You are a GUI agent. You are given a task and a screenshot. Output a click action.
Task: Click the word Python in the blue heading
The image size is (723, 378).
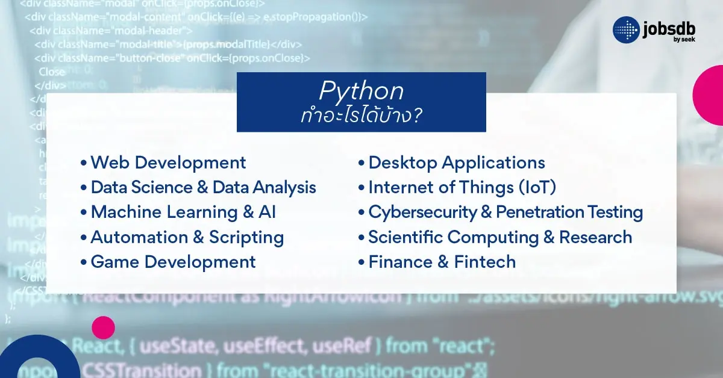tap(361, 91)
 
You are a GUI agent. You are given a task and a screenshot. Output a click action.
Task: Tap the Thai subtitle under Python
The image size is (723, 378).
tap(361, 115)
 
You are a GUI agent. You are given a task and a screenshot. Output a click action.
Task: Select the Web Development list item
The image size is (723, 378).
tap(168, 163)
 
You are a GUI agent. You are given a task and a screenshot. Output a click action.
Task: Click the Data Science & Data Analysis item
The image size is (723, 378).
tap(203, 187)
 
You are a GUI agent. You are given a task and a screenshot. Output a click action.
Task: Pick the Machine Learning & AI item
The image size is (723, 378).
tap(183, 212)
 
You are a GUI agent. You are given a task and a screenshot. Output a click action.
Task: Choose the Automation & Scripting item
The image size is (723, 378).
tap(187, 237)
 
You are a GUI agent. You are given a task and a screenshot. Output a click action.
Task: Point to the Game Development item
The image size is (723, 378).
tap(173, 262)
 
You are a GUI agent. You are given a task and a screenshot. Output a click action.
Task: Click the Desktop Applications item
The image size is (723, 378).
tap(456, 163)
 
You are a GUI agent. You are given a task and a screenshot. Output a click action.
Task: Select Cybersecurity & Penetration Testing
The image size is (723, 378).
tap(505, 212)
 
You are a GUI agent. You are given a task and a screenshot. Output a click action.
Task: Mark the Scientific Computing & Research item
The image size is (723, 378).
tap(499, 237)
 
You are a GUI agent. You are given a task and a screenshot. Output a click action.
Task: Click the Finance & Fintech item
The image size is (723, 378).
tap(442, 262)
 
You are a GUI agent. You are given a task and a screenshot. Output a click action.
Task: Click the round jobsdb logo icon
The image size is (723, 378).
tap(626, 29)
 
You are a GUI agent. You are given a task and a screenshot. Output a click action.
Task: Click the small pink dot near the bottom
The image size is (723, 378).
tap(103, 327)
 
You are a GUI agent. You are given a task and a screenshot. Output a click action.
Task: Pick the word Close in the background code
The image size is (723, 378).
tap(51, 72)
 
